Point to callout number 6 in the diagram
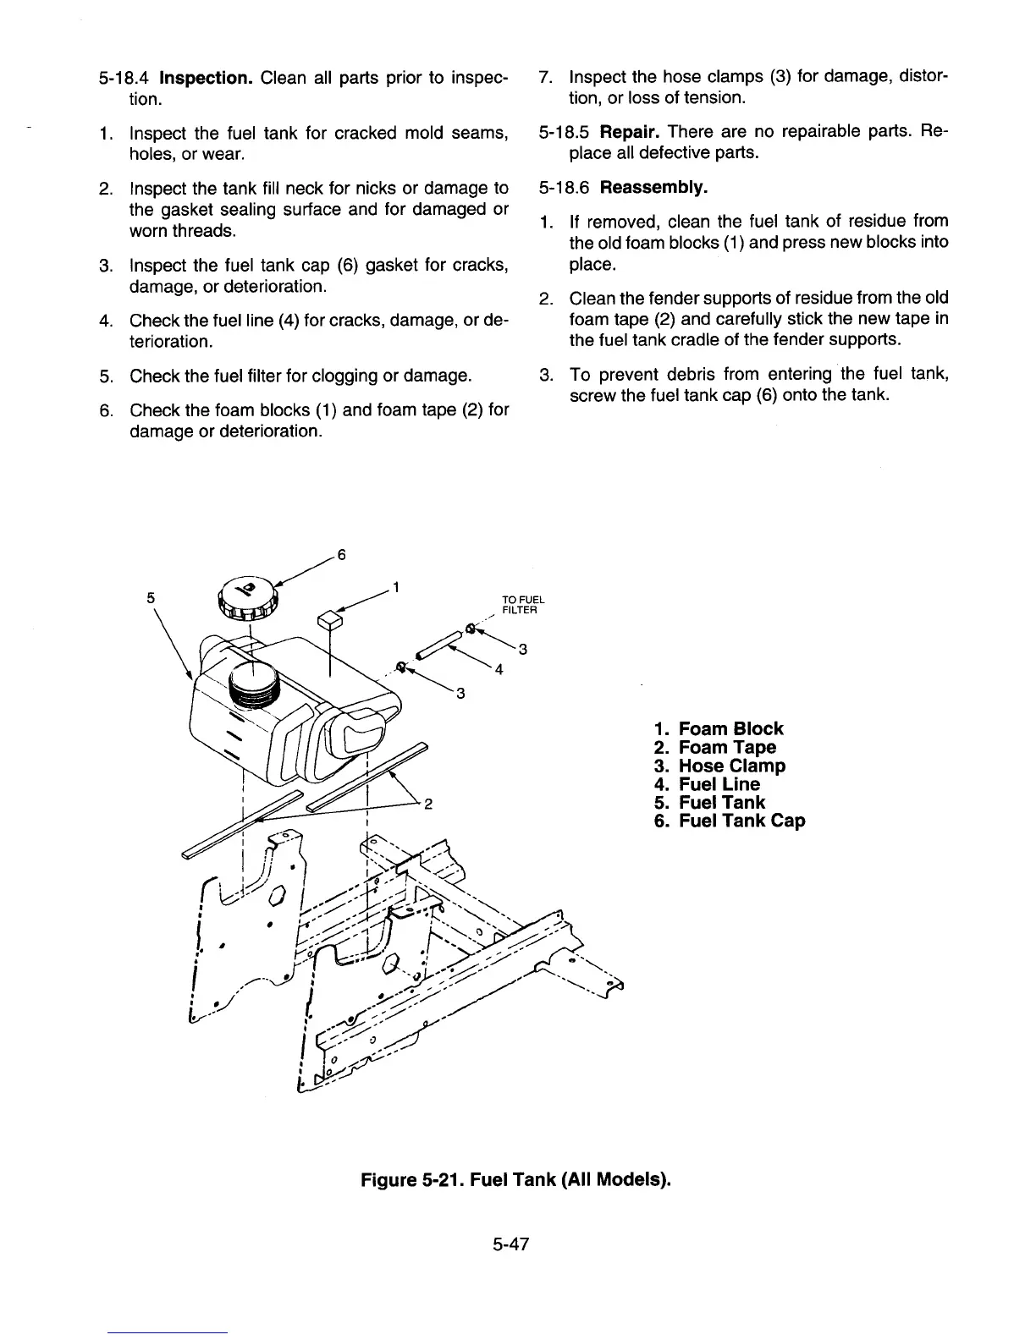(x=341, y=555)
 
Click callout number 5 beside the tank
(x=150, y=596)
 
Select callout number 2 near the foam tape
(x=428, y=804)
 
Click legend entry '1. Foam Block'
(x=719, y=728)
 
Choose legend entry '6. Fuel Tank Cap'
(x=730, y=821)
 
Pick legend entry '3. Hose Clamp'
(x=719, y=766)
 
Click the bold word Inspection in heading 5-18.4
(x=207, y=79)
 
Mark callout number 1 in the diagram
(x=396, y=588)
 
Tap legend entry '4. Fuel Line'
(x=707, y=784)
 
